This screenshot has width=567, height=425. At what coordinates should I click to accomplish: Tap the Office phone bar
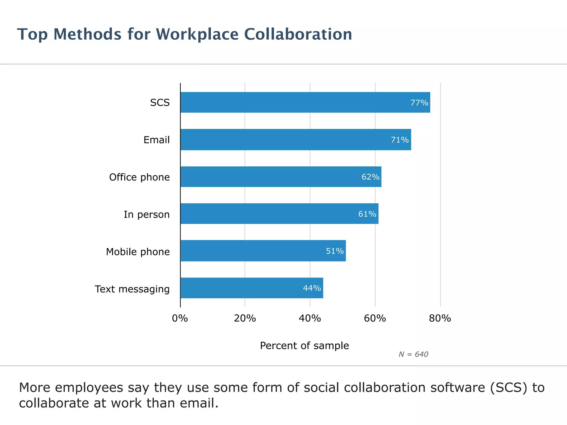281,177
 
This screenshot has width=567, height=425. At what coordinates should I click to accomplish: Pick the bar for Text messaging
252,288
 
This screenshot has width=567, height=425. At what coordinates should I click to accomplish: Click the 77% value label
419,103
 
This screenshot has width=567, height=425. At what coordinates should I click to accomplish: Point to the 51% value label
335,251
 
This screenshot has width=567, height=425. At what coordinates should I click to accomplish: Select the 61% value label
367,214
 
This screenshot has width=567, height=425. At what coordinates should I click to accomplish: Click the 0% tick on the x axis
180,318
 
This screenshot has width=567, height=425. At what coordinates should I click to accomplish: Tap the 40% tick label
310,318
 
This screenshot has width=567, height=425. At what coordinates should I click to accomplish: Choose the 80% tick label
440,318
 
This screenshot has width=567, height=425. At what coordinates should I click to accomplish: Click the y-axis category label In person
146,214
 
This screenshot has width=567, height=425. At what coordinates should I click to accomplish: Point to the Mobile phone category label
138,252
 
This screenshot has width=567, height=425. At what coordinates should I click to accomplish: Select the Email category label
156,140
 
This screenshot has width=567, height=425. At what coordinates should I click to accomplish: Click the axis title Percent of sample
304,346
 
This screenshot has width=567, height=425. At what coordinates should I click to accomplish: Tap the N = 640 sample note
413,354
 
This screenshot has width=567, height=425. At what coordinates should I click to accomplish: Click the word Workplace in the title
197,35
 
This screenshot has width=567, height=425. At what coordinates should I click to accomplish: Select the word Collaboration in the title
298,34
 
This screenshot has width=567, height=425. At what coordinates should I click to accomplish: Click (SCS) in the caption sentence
509,388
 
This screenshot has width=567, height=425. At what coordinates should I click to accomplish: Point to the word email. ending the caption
199,403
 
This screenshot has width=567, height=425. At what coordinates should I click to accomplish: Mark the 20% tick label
245,318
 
